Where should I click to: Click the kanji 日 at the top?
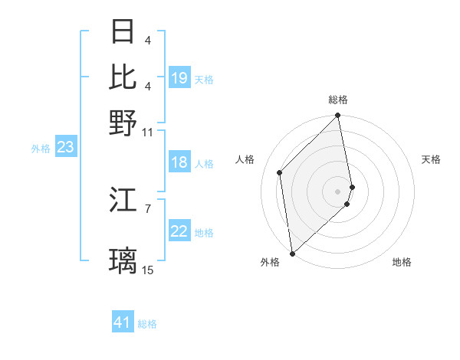[x=123, y=32]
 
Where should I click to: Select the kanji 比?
[x=123, y=77]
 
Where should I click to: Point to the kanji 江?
[x=123, y=201]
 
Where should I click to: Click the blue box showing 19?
[x=179, y=78]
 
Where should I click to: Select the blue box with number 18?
[x=179, y=162]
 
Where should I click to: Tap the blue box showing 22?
[x=179, y=232]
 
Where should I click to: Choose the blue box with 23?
[x=65, y=147]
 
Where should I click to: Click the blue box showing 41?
[x=123, y=322]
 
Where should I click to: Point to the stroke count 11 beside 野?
[x=148, y=132]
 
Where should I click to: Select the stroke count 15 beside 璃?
[x=148, y=270]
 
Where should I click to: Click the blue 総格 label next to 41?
[x=147, y=324]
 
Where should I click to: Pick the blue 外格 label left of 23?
[x=40, y=149]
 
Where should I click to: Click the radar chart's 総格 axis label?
[x=338, y=100]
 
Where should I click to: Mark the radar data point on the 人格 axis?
[x=280, y=172]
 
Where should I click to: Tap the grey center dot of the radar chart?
[x=338, y=191]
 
